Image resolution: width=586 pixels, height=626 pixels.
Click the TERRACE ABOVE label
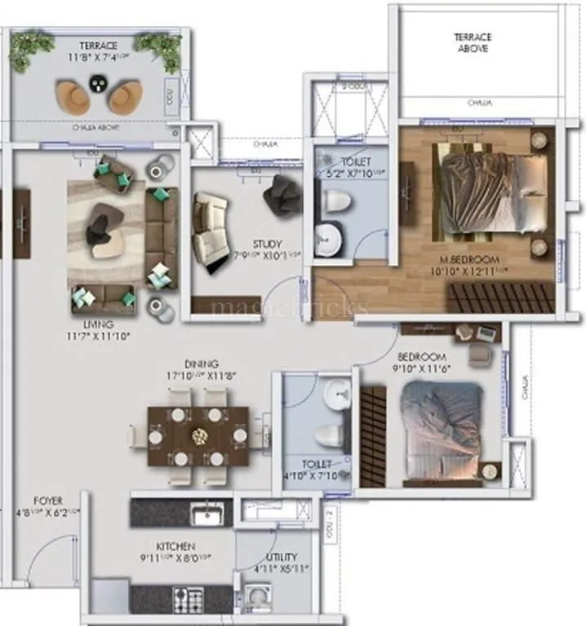(x=472, y=42)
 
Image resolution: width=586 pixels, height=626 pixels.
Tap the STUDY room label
(x=267, y=244)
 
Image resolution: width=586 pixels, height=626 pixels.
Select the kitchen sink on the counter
(x=205, y=514)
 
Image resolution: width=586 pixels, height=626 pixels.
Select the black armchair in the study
(x=282, y=194)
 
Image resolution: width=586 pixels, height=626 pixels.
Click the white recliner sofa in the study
(x=210, y=228)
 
